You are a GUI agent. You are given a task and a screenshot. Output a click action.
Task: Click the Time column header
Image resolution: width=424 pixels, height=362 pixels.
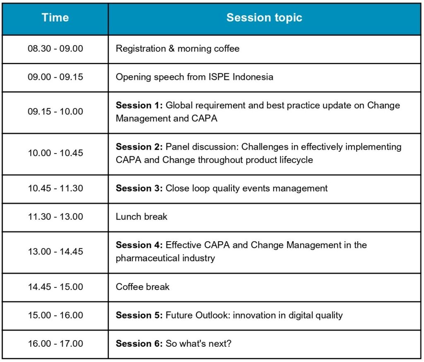pyautogui.click(x=55, y=17)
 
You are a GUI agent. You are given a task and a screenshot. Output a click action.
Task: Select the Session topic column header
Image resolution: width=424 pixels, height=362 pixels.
pyautogui.click(x=264, y=17)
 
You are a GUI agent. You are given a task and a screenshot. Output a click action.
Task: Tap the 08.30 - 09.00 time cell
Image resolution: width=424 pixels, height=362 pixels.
pyautogui.click(x=55, y=49)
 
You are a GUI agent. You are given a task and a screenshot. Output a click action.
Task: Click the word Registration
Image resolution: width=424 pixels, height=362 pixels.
pyautogui.click(x=141, y=49)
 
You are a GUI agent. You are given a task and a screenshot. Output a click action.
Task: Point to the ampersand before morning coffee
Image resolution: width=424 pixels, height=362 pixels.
pyautogui.click(x=171, y=49)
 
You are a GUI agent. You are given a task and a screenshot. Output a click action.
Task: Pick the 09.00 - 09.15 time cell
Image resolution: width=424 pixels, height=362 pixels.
pyautogui.click(x=55, y=77)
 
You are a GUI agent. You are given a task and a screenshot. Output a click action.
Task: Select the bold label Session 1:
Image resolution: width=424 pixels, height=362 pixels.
pyautogui.click(x=139, y=105)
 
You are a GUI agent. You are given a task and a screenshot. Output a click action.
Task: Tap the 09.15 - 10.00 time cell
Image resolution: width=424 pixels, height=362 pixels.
pyautogui.click(x=55, y=112)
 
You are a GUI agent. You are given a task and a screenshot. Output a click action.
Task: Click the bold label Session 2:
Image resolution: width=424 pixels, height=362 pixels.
pyautogui.click(x=139, y=147)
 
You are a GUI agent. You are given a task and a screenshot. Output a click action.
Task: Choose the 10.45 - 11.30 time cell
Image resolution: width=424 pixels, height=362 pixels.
pyautogui.click(x=55, y=188)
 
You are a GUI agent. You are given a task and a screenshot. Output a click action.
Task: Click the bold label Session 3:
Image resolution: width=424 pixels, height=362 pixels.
pyautogui.click(x=139, y=188)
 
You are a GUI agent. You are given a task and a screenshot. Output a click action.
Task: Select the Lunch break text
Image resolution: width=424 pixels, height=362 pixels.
pyautogui.click(x=142, y=217)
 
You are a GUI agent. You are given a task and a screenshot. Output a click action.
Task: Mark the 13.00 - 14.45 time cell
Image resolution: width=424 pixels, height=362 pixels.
pyautogui.click(x=55, y=252)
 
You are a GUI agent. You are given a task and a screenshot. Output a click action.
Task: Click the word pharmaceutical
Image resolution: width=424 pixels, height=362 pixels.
pyautogui.click(x=147, y=258)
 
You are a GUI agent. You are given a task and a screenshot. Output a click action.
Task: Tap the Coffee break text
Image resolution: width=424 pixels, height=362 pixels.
pyautogui.click(x=142, y=287)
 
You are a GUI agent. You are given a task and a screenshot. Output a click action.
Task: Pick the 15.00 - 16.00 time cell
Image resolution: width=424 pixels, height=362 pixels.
pyautogui.click(x=55, y=315)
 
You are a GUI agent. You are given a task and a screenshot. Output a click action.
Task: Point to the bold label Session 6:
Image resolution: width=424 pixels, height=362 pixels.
pyautogui.click(x=139, y=344)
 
